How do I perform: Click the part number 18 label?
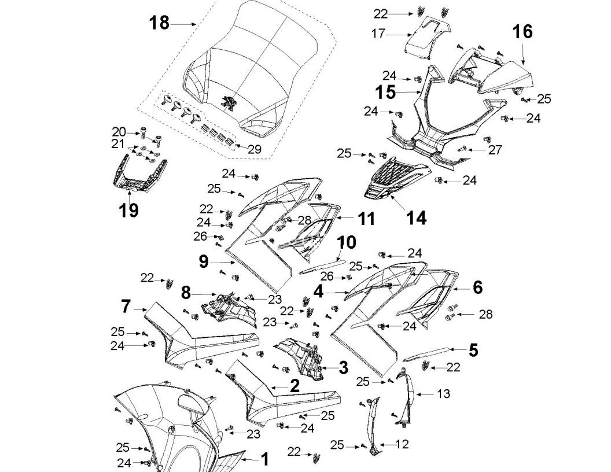(x=159, y=23)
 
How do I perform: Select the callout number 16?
(x=522, y=31)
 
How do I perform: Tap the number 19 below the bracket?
(x=129, y=210)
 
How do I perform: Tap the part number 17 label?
(x=378, y=34)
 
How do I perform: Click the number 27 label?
(x=495, y=150)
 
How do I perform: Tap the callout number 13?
(x=443, y=394)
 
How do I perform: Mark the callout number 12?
(x=403, y=444)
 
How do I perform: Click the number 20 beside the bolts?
(x=119, y=132)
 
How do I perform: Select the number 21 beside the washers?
(x=119, y=143)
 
